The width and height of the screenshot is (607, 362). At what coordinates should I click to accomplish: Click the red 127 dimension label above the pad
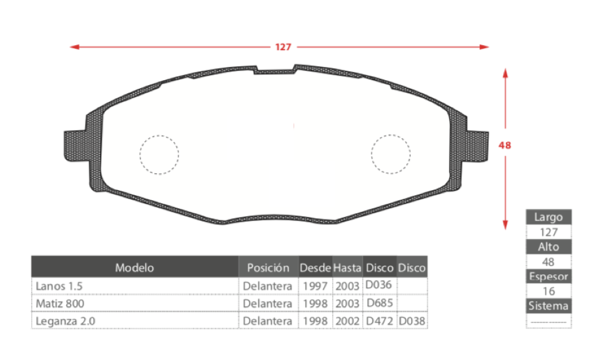[283, 47]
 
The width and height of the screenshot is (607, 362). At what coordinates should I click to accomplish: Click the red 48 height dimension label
[505, 145]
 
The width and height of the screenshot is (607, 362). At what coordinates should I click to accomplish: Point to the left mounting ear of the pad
[76, 146]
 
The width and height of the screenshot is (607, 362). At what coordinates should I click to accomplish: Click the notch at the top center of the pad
[275, 70]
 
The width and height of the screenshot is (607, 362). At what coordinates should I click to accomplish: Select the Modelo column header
[134, 268]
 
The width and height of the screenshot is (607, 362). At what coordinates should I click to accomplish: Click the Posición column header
[269, 268]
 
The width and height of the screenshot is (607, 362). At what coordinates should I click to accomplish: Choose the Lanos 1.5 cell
[59, 286]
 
